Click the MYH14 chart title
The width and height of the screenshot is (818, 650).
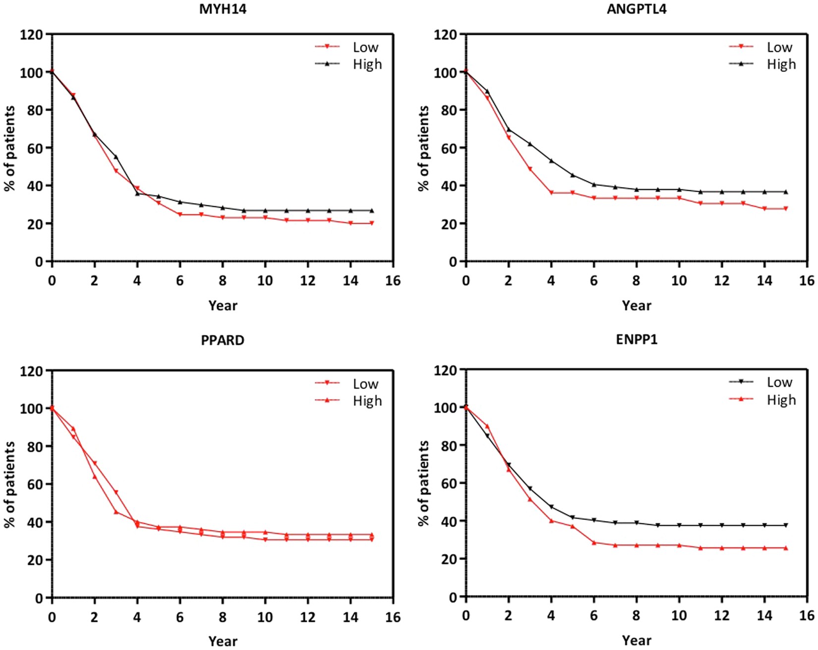pyautogui.click(x=223, y=9)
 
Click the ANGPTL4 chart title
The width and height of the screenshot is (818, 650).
pyautogui.click(x=637, y=9)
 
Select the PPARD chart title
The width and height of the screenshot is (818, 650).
pyautogui.click(x=223, y=340)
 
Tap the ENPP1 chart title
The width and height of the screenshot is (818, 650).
pyautogui.click(x=637, y=340)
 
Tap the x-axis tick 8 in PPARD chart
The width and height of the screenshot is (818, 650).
pyautogui.click(x=223, y=617)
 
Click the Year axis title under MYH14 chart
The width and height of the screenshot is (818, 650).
pyautogui.click(x=223, y=305)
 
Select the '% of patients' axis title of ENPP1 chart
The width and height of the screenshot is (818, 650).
pyautogui.click(x=424, y=483)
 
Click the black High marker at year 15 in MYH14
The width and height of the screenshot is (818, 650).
pyautogui.click(x=372, y=211)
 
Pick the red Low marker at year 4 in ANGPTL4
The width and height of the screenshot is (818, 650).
pyautogui.click(x=551, y=193)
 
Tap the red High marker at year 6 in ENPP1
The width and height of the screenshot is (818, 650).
pyautogui.click(x=594, y=542)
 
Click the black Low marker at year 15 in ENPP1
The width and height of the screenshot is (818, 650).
pyautogui.click(x=786, y=525)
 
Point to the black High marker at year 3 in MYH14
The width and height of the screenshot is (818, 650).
pyautogui.click(x=116, y=157)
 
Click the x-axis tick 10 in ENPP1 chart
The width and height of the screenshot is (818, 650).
pyautogui.click(x=679, y=616)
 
